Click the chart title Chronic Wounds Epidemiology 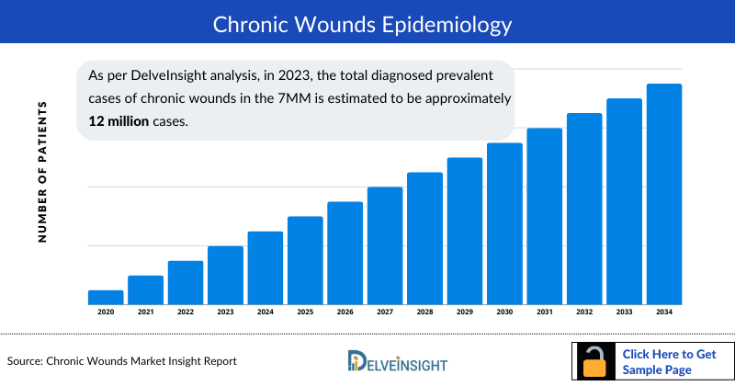point(367,23)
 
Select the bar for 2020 point(106,297)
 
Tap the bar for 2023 point(225,275)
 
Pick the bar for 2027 point(385,245)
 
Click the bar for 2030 point(504,223)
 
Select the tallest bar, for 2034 point(664,194)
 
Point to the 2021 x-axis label point(145,312)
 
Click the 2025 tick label point(305,312)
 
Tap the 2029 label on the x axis point(465,312)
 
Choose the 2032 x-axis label point(584,312)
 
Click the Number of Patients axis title point(42,172)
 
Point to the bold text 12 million point(119,120)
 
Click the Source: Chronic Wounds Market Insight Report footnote point(122,361)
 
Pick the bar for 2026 point(345,253)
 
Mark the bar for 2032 point(584,209)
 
